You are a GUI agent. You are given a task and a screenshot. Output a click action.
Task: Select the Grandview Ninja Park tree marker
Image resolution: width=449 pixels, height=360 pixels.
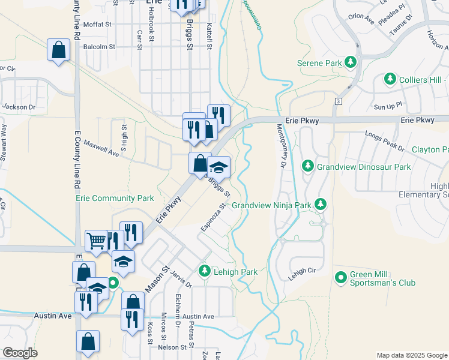click(x=321, y=205)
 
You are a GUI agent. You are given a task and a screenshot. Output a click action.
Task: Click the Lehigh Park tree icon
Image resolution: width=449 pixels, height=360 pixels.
click(x=205, y=272)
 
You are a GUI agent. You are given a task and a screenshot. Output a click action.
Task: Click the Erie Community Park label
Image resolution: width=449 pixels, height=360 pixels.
click(x=115, y=198)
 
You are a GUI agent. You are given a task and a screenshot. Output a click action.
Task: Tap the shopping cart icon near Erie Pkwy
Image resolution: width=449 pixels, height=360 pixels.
click(x=95, y=241)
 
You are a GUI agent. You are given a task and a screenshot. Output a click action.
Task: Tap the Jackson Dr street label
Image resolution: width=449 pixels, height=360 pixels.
click(x=15, y=107)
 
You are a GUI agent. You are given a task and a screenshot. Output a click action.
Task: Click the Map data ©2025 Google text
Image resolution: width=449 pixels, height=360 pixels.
click(x=411, y=355)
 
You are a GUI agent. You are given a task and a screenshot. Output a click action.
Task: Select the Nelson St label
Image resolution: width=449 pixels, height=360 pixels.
click(x=173, y=347)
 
